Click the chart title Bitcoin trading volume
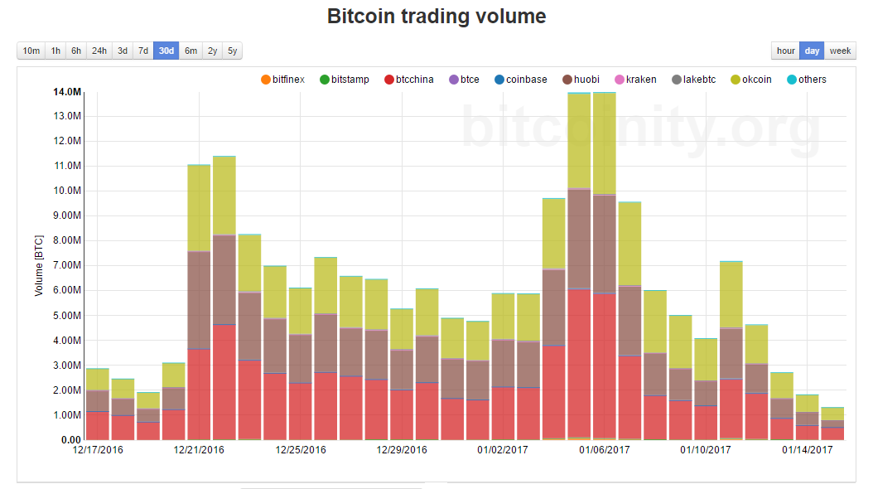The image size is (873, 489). pos(436,16)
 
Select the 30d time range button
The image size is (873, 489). pos(166,51)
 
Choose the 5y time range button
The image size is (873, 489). pos(233,51)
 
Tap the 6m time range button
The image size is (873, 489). pos(191,51)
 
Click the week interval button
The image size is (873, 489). pos(840,51)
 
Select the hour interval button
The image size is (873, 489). pos(785,51)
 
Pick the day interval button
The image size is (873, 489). pos(812,51)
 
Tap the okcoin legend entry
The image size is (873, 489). pos(755,80)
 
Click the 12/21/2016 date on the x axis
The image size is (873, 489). pos(199,450)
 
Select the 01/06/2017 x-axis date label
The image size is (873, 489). pos(605,450)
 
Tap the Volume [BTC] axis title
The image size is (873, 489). pos(38,265)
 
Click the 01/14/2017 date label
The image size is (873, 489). pos(808,450)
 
